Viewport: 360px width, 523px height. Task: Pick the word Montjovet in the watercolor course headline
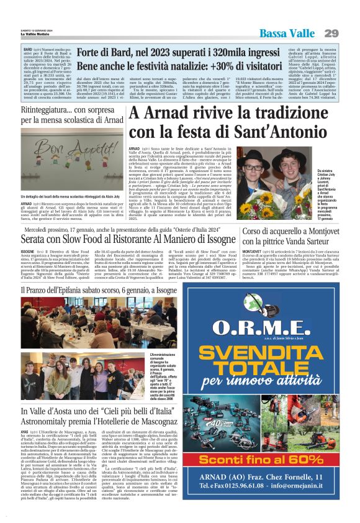click(x=323, y=230)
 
